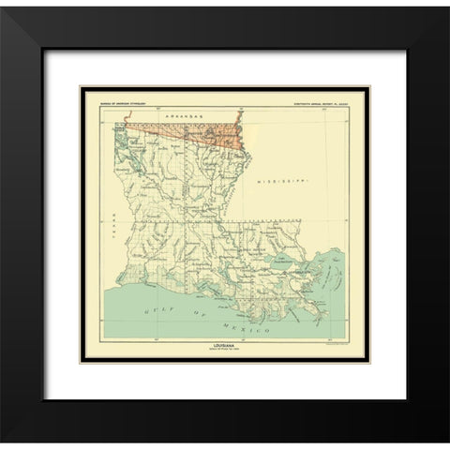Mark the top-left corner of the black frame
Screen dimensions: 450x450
(x=5, y=5)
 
